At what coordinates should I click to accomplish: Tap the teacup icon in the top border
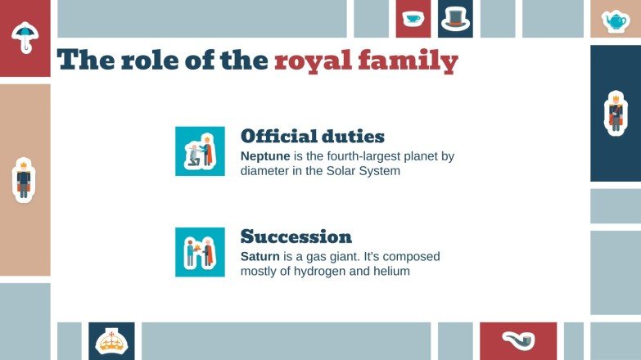tap(413, 18)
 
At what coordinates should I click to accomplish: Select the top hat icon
tap(455, 18)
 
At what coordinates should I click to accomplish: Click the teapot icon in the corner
tap(615, 20)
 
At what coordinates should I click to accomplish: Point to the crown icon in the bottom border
tap(111, 340)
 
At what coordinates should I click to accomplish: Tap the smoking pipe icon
tap(518, 340)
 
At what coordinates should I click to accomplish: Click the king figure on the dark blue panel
tap(615, 112)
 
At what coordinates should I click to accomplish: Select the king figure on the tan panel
tap(24, 179)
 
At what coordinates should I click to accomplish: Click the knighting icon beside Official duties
tap(200, 151)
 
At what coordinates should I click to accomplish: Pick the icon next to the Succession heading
tap(200, 252)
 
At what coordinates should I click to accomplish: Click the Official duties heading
tap(312, 137)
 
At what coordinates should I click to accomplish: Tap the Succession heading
tap(296, 237)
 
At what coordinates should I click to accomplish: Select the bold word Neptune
tap(264, 155)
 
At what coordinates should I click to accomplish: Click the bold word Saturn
tap(260, 256)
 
